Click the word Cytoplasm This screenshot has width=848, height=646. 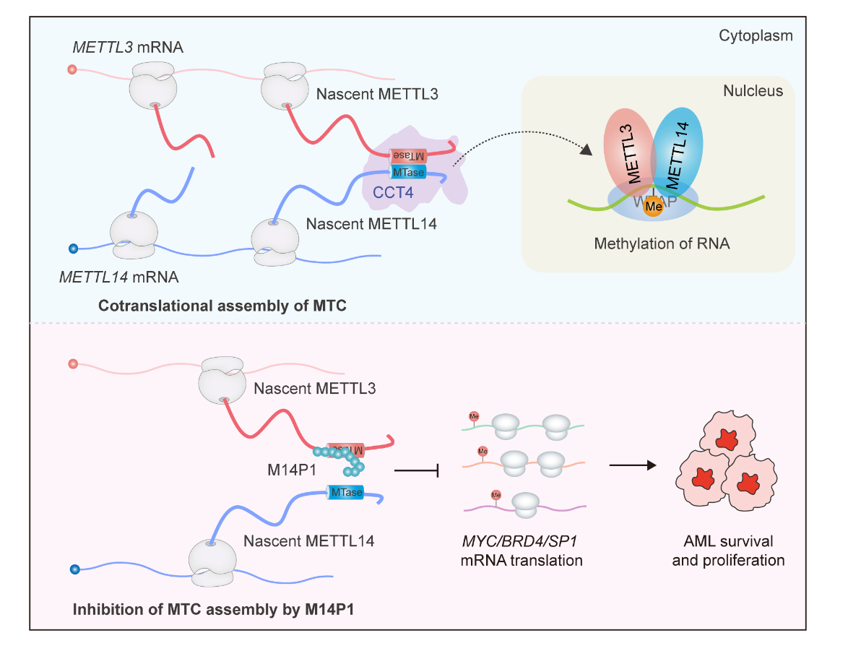[x=756, y=35]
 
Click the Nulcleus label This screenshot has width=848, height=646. [x=753, y=92]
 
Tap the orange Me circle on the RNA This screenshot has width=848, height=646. [x=654, y=206]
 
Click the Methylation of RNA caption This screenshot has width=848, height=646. [x=662, y=244]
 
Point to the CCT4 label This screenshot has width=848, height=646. [x=394, y=192]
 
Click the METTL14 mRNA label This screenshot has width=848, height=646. [x=120, y=277]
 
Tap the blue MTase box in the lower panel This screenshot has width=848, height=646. [x=345, y=493]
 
